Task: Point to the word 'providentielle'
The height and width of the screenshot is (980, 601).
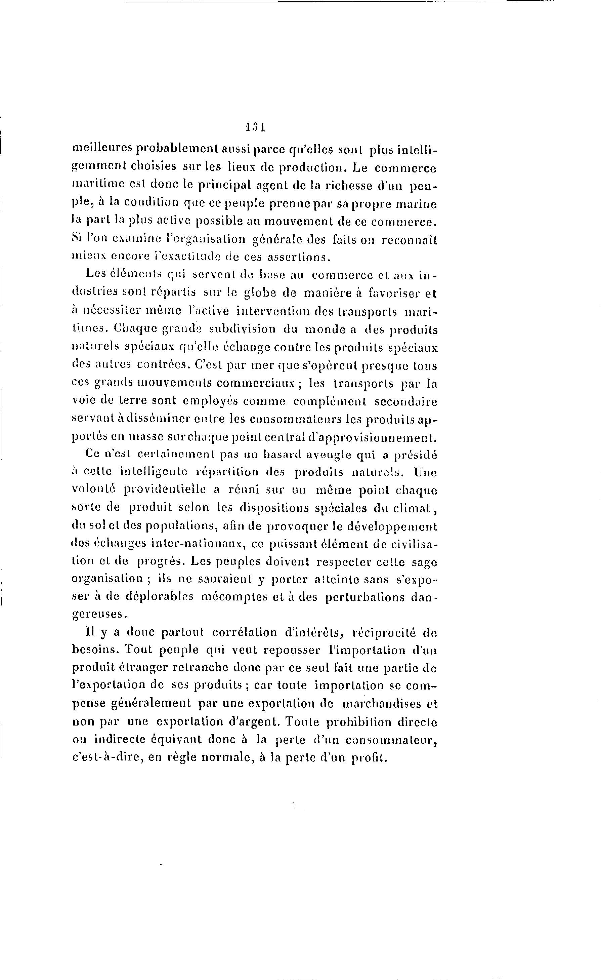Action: pos(163,491)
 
